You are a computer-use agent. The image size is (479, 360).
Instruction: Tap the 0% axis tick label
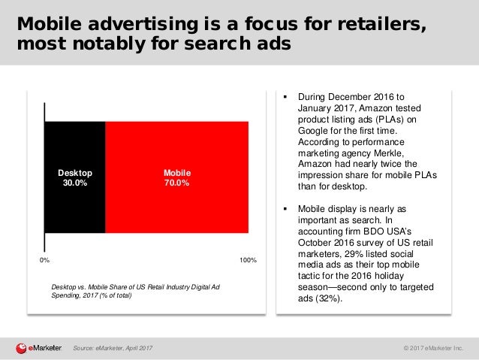(44, 260)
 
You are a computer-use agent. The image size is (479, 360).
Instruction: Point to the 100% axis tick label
(248, 260)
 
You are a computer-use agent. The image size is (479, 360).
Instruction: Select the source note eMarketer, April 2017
(113, 347)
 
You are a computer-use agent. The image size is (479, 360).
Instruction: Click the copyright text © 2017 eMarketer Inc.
(433, 347)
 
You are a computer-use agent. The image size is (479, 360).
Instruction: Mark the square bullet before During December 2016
(286, 96)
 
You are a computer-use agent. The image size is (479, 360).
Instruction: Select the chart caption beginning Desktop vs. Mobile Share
(135, 289)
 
